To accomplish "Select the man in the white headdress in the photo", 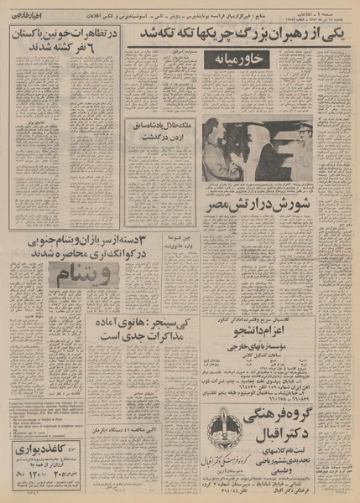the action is click(x=267, y=151).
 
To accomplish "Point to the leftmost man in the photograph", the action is click(x=213, y=151).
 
